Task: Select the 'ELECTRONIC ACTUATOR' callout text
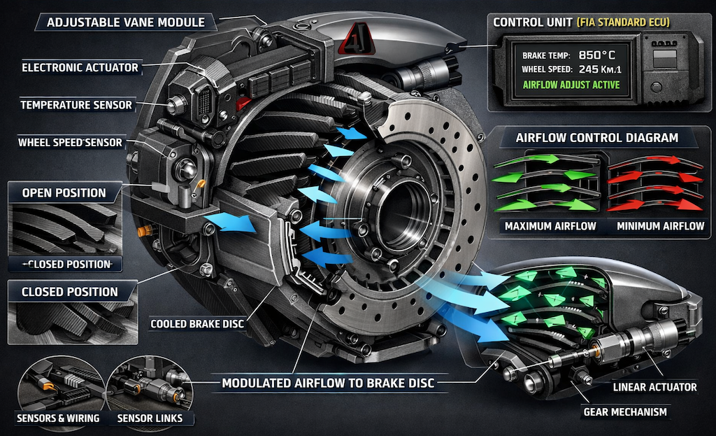point(80,68)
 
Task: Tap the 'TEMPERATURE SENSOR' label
point(76,105)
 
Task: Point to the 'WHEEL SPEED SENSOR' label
point(70,143)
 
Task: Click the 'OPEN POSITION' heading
point(64,192)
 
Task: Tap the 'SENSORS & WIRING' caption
point(57,419)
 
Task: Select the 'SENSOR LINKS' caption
point(151,419)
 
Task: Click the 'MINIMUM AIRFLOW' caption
point(660,226)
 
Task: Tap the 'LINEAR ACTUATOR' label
point(654,387)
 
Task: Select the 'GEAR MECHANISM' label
point(625,412)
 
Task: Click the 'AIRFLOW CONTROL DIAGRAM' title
point(597,137)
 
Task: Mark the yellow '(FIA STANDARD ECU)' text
point(624,22)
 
